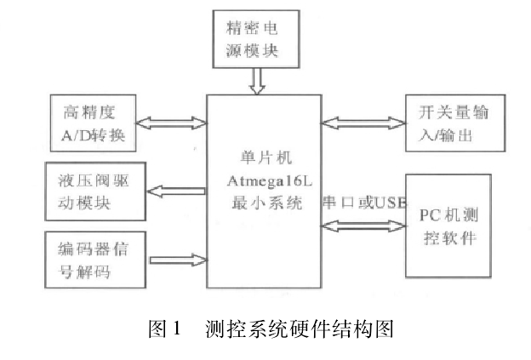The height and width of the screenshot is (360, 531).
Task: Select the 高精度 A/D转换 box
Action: click(100, 123)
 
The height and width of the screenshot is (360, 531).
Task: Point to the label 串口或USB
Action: click(361, 203)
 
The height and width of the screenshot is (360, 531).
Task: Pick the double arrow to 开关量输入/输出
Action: click(363, 123)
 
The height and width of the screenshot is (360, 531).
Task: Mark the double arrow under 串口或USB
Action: click(363, 226)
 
